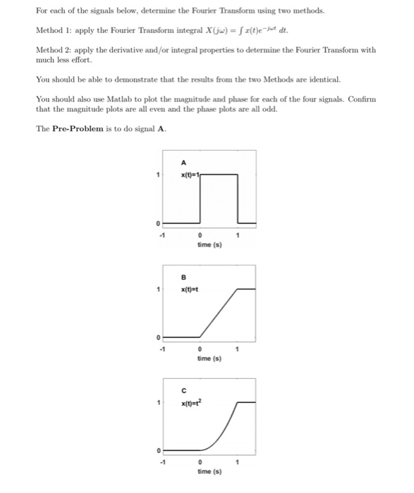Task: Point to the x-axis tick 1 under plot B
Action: [x=238, y=349]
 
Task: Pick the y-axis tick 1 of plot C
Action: [x=157, y=402]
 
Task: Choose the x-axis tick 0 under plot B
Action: [x=200, y=349]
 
